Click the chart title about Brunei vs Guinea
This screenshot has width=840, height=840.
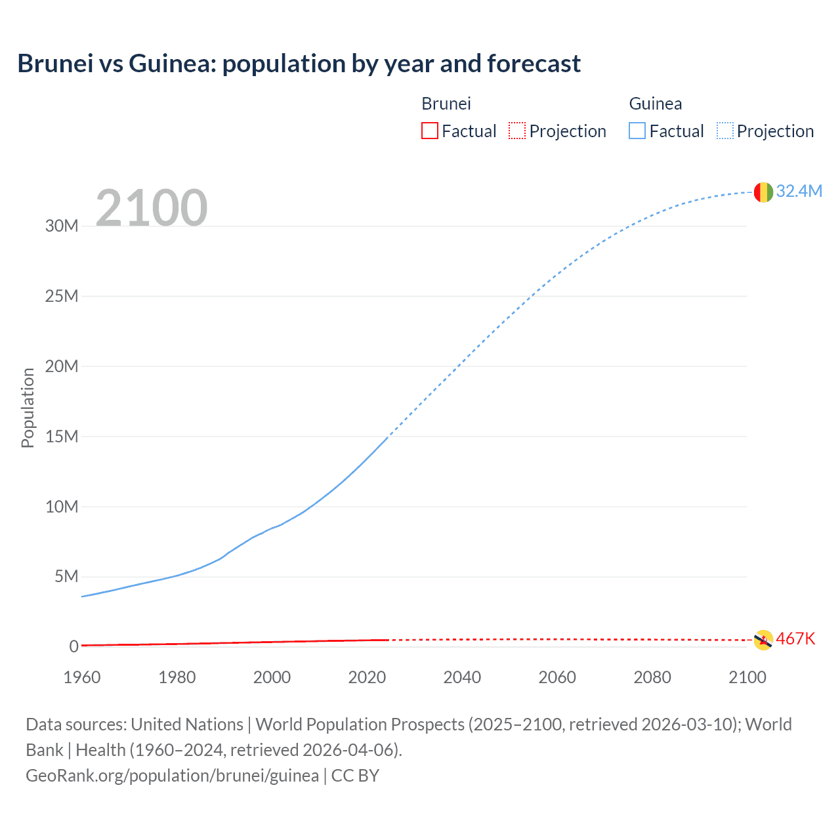click(x=299, y=64)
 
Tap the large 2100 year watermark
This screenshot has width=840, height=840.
click(x=152, y=208)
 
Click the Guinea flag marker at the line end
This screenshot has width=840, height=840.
click(x=763, y=192)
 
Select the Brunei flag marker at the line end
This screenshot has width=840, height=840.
click(x=763, y=639)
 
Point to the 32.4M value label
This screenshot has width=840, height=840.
click(x=799, y=191)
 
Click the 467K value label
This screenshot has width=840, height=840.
click(x=795, y=639)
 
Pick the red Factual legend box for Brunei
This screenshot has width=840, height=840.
click(x=429, y=131)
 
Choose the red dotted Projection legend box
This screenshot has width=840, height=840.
click(x=517, y=131)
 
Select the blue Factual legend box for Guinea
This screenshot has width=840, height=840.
click(x=637, y=131)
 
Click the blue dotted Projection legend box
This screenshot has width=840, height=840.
click(x=724, y=131)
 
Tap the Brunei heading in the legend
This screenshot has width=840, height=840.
click(x=446, y=104)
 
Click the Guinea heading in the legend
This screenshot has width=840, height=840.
click(x=655, y=104)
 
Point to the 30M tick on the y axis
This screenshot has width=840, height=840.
click(x=62, y=226)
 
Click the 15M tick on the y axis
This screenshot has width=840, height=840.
click(x=62, y=436)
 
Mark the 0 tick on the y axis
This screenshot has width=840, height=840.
click(x=73, y=647)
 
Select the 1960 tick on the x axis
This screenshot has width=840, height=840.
click(x=82, y=677)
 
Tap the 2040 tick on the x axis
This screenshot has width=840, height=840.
click(x=462, y=677)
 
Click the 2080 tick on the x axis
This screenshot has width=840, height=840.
click(x=652, y=677)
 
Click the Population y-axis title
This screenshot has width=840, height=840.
click(x=28, y=408)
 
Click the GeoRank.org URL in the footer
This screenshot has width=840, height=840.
click(x=172, y=776)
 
